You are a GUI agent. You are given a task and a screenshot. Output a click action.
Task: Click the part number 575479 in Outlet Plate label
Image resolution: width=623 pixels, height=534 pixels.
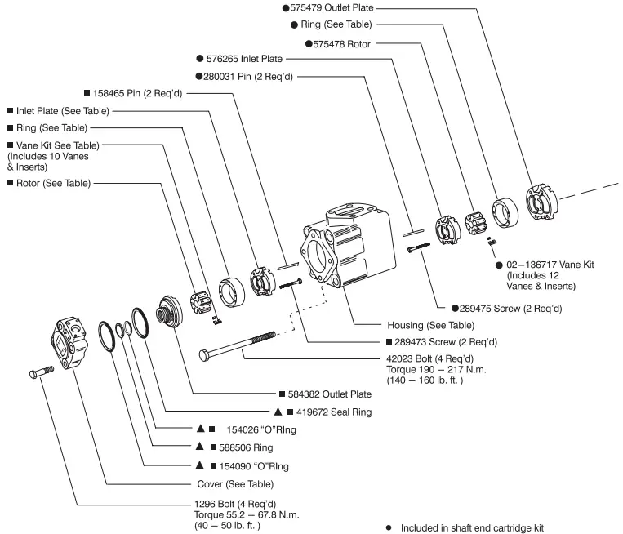coord(307,7)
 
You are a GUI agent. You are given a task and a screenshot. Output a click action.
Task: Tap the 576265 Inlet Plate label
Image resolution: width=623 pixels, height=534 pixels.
coord(244,59)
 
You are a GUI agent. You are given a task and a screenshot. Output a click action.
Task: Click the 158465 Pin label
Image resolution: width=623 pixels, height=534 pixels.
coord(136,93)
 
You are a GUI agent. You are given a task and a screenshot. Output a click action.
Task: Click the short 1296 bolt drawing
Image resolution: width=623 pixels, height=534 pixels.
coord(40,375)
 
